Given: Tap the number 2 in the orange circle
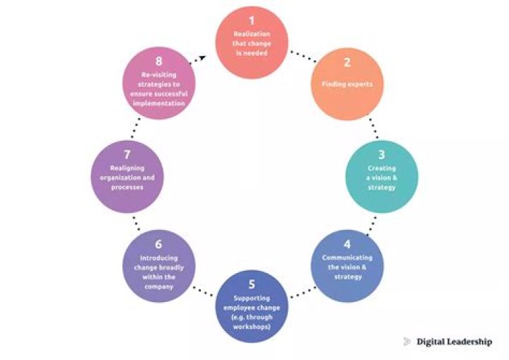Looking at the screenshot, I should click(347, 62).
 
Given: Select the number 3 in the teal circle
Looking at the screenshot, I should click(382, 154).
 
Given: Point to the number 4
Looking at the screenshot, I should click(347, 245).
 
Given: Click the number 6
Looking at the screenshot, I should click(158, 245).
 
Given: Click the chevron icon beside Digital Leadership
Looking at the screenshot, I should click(407, 342).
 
